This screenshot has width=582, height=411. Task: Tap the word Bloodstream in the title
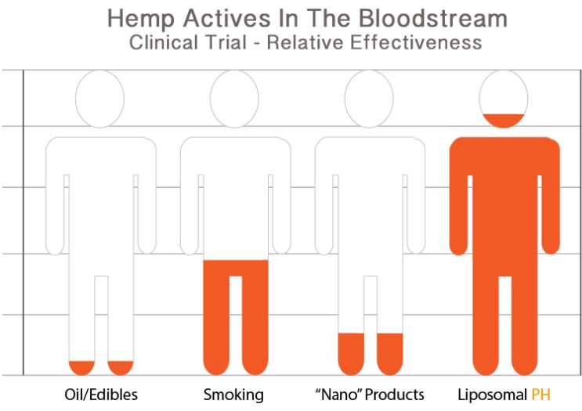pos(433,18)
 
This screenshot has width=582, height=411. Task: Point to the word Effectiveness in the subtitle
pos(416,42)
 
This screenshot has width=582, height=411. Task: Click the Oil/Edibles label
pos(101,395)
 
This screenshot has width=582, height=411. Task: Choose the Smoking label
pos(233,395)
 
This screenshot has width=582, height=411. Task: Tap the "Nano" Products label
pos(369,395)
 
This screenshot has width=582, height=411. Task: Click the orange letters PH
pos(540,395)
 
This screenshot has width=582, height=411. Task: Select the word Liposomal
pos(492,395)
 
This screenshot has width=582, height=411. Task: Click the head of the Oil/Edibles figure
pos(99,99)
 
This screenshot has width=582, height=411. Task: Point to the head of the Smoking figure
pos(234,99)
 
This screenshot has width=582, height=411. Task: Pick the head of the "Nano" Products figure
pos(369,99)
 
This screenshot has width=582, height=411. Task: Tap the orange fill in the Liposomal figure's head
pos(504,120)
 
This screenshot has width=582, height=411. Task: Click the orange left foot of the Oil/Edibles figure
pos(82,367)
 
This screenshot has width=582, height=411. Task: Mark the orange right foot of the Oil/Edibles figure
pos(121,367)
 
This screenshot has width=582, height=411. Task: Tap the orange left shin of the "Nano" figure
pos(351,354)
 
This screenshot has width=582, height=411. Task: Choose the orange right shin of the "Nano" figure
pos(390,354)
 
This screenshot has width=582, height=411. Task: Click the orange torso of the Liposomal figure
pos(504,207)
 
